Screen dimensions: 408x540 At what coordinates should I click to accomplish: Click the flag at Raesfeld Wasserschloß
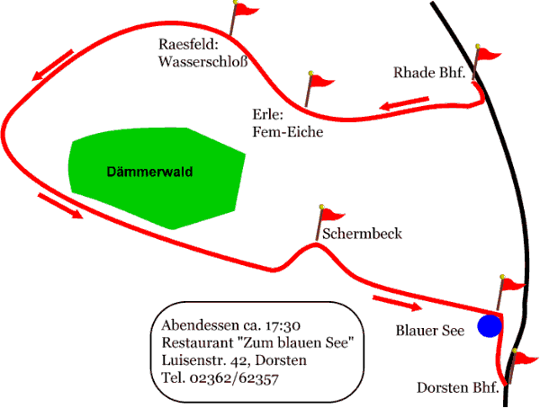245,11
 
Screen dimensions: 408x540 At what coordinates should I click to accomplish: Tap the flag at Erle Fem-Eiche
320,82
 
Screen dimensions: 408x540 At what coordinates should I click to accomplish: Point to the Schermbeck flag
331,215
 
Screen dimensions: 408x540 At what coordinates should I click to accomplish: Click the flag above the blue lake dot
511,286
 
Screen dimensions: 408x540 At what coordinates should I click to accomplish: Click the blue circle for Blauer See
489,326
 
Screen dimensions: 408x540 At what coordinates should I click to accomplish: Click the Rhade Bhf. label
428,73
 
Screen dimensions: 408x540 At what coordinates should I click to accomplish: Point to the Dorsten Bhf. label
457,388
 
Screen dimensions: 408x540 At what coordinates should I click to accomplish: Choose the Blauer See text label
430,331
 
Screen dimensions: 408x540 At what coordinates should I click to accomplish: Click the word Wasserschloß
202,62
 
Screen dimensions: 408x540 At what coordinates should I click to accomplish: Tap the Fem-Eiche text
287,132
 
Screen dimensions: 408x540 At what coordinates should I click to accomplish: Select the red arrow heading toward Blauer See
397,303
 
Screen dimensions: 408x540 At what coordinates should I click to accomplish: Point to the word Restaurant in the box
198,342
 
